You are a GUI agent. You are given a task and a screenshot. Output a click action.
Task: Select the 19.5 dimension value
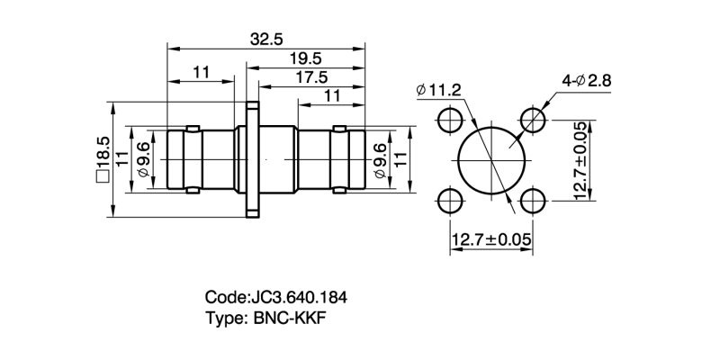pyautogui.click(x=307, y=58)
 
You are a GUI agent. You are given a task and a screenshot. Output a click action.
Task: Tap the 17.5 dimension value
pyautogui.click(x=310, y=77)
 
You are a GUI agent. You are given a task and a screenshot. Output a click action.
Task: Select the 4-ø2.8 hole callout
pyautogui.click(x=586, y=81)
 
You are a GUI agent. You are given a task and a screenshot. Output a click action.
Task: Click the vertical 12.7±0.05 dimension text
pyautogui.click(x=580, y=160)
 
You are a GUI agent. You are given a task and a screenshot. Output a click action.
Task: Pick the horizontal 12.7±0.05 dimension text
pyautogui.click(x=491, y=239)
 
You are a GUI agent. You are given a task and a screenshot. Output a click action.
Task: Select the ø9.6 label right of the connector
pyautogui.click(x=379, y=160)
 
